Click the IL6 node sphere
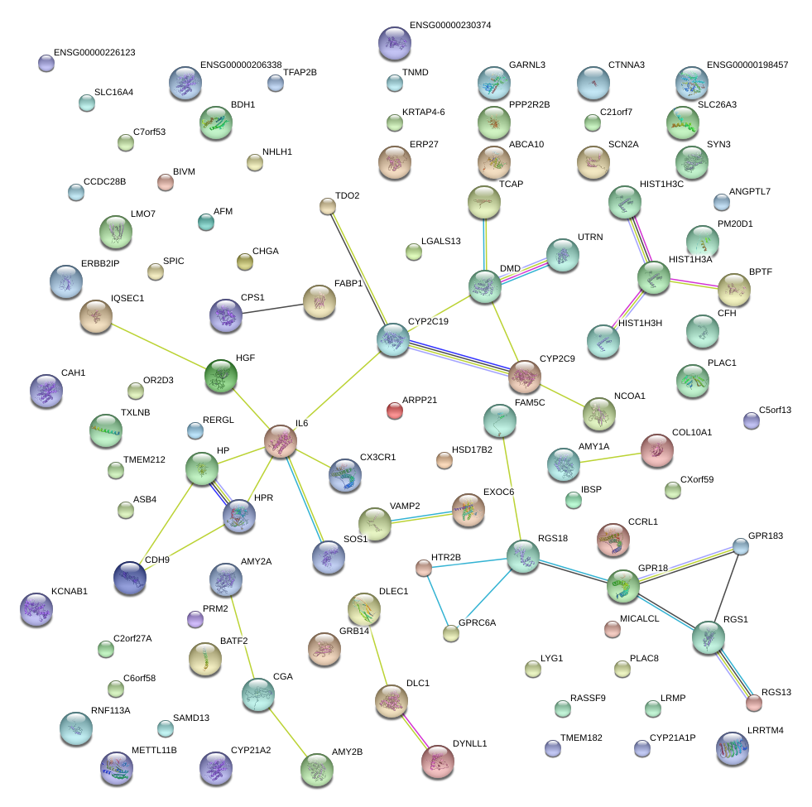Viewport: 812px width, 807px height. [281, 441]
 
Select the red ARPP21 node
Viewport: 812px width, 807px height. [395, 410]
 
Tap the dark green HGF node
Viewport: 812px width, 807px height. [221, 377]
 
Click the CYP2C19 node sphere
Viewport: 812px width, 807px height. [393, 339]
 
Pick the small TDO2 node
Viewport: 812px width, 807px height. [328, 207]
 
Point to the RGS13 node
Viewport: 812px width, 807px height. [753, 704]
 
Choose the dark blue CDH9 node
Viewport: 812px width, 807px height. [130, 578]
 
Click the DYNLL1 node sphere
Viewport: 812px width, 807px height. [437, 761]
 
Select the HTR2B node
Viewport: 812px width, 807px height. [424, 568]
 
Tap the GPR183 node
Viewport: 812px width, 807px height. [741, 546]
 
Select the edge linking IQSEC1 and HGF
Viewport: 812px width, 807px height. [157, 345]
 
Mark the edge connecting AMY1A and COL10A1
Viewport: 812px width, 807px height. [609, 458]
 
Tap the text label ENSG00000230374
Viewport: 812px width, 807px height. [450, 26]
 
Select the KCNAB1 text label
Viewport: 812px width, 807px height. [70, 592]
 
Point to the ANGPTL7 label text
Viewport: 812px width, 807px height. [749, 192]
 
